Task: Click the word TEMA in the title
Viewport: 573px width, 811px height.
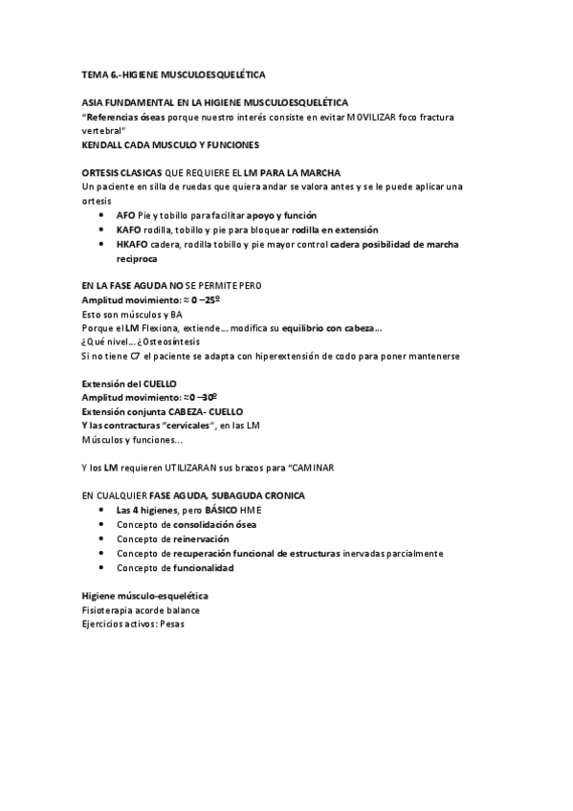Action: (95, 73)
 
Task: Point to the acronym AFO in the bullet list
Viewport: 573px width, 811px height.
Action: (125, 215)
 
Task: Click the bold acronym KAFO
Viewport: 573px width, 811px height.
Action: (128, 230)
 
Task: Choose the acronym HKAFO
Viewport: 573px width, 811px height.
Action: (131, 244)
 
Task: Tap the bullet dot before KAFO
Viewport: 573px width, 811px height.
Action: (103, 230)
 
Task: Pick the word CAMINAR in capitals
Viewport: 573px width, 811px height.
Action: (309, 468)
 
